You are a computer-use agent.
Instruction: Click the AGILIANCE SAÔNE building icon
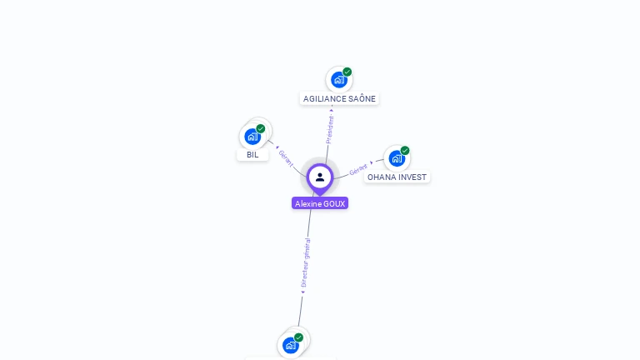pyautogui.click(x=338, y=80)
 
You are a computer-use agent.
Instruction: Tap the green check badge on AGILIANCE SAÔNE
pyautogui.click(x=347, y=72)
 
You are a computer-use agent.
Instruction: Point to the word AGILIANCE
pyautogui.click(x=322, y=99)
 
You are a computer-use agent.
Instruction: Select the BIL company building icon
pyautogui.click(x=252, y=137)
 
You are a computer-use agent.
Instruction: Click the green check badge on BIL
pyautogui.click(x=261, y=128)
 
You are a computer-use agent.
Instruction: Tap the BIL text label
pyautogui.click(x=252, y=155)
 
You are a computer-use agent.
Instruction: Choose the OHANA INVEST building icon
pyautogui.click(x=396, y=158)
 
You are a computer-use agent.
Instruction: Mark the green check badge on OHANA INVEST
pyautogui.click(x=405, y=151)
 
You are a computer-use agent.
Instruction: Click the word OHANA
pyautogui.click(x=381, y=177)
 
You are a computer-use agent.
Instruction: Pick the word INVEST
pyautogui.click(x=412, y=177)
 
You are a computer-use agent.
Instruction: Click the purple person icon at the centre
pyautogui.click(x=320, y=177)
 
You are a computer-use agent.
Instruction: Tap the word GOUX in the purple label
pyautogui.click(x=334, y=203)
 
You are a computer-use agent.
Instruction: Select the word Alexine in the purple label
pyautogui.click(x=308, y=203)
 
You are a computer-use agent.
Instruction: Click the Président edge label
pyautogui.click(x=330, y=129)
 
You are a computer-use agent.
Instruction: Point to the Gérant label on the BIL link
pyautogui.click(x=286, y=157)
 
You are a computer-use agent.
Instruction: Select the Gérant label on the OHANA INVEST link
pyautogui.click(x=358, y=169)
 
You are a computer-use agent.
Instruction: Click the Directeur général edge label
pyautogui.click(x=306, y=262)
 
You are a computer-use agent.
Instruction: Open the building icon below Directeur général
pyautogui.click(x=290, y=345)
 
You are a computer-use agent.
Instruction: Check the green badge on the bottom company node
pyautogui.click(x=299, y=337)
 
